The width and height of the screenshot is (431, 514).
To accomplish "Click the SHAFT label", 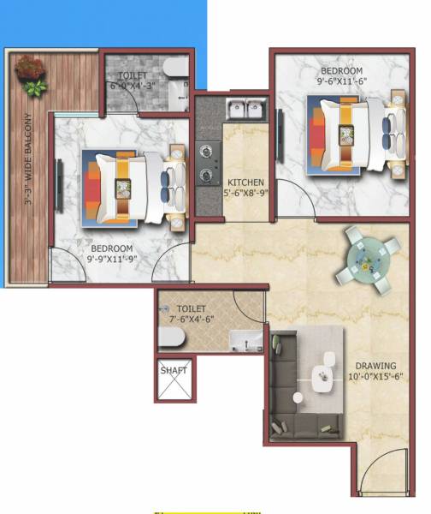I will pos(174,370).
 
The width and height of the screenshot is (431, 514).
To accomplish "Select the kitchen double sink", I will pos(248,109).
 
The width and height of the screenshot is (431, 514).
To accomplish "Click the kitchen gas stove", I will pos(209,164).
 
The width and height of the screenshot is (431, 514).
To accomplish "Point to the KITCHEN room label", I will pos(245,182).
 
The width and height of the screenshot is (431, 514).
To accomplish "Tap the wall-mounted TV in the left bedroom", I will pos(59,180).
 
